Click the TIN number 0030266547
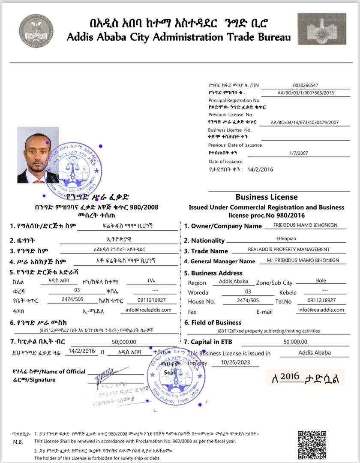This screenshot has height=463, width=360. point(306,85)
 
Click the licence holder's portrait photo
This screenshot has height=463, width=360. point(38,155)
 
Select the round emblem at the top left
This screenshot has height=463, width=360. point(36,30)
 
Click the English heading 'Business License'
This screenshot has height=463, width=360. point(266,197)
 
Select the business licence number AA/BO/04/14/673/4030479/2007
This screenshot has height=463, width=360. point(304,123)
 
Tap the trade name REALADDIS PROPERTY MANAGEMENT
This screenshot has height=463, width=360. point(289,250)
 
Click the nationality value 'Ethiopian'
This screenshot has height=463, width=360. point(286,239)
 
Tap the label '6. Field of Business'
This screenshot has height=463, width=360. point(213,322)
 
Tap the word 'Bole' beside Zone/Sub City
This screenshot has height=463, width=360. point(321,281)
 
